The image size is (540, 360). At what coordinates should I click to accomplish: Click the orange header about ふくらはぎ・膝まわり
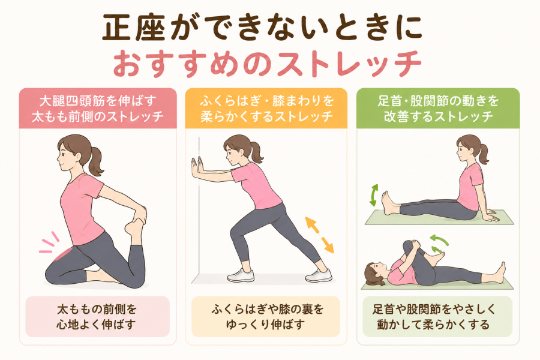point(266,109)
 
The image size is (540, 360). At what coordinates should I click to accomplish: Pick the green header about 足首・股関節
point(438,109)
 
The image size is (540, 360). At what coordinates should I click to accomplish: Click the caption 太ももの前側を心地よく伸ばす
point(97,317)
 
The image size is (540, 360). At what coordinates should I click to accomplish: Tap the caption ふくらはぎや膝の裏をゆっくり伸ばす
point(266,317)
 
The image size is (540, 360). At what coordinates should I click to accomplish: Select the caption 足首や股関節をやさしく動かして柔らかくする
point(437,317)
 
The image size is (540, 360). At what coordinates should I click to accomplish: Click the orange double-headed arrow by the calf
point(320,235)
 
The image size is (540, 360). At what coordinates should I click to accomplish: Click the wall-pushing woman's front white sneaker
point(241,275)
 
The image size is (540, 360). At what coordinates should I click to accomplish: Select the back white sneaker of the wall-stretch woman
point(319,275)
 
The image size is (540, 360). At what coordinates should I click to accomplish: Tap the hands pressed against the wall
point(197,169)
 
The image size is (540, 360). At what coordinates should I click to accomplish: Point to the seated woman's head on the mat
point(469,148)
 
